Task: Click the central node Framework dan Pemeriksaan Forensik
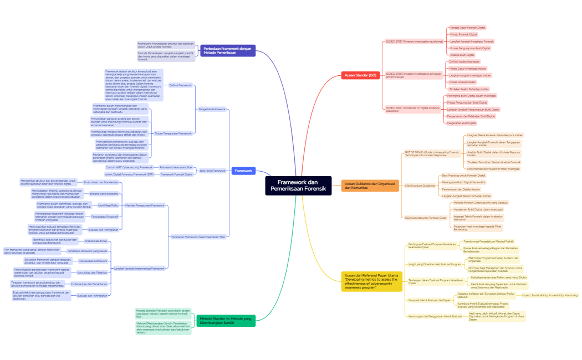(x=298, y=186)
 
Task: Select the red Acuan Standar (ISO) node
(x=360, y=75)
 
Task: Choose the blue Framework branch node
(x=243, y=171)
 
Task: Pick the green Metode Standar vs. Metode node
(x=226, y=321)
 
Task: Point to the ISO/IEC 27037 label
(x=414, y=41)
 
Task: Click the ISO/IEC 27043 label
(x=414, y=75)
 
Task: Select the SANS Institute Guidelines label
(x=420, y=186)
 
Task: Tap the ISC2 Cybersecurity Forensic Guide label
(x=426, y=218)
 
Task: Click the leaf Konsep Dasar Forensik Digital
(x=467, y=27)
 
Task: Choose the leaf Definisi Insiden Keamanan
(x=465, y=61)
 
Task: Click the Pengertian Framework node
(x=212, y=109)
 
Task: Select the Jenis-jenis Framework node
(x=212, y=171)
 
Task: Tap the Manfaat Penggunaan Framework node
(x=145, y=205)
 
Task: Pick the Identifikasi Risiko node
(x=101, y=205)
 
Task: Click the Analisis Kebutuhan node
(x=96, y=241)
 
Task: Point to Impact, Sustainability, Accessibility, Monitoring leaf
(x=549, y=295)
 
